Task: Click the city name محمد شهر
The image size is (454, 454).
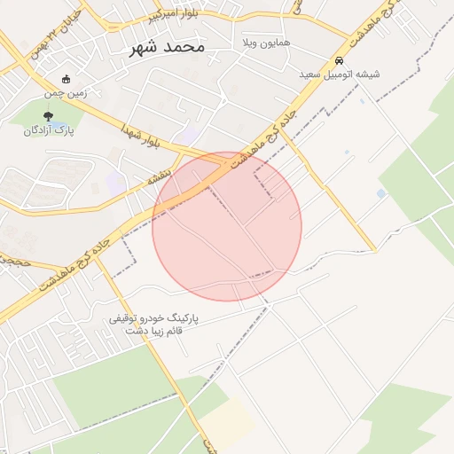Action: point(166,46)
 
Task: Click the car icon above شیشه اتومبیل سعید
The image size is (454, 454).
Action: point(340,60)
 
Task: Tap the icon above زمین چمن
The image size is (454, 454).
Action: point(66,79)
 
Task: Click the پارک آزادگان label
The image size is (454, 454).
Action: point(49,129)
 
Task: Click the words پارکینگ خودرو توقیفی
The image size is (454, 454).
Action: point(154,317)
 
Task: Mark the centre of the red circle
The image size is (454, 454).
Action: point(227,226)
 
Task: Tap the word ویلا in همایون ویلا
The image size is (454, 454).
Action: point(252,43)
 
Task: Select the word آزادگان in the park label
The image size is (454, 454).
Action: point(39,129)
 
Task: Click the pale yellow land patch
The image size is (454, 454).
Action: point(232,418)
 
